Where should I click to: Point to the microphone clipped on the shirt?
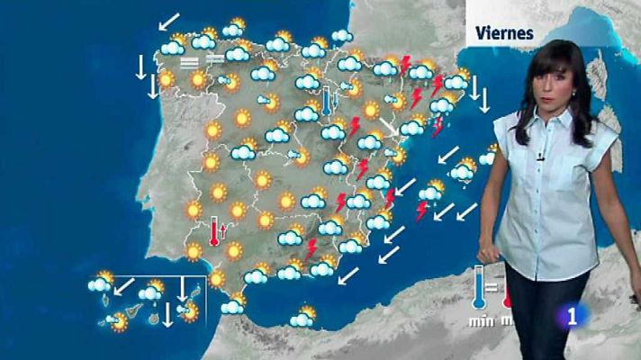coord(540,157)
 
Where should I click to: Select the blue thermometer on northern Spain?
coord(327,96)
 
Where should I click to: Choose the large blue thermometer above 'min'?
coord(478,288)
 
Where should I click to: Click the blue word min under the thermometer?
coord(478,321)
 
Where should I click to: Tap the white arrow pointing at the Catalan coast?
coord(390,126)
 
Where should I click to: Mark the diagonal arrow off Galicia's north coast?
coord(167,20)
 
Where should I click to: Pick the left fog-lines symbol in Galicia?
coord(190,63)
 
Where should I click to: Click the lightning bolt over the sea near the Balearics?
coord(420,211)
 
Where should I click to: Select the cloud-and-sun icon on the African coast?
coord(302,318)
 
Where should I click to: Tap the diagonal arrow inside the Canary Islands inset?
coord(125,290)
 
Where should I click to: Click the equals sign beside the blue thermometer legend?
coord(492,289)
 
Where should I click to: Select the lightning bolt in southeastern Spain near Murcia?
coord(312,247)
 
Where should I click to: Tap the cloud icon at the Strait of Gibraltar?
coord(232,306)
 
